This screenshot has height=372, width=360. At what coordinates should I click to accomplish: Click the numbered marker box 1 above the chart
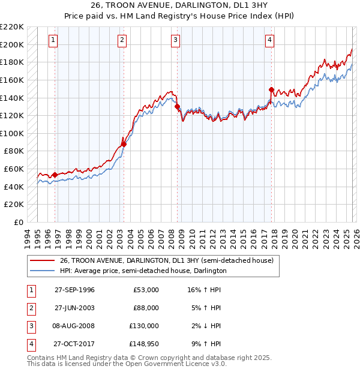pos(53,40)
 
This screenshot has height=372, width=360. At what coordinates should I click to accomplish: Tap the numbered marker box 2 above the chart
pos(122,40)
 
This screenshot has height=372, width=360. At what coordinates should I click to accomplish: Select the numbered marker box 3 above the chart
pos(176,40)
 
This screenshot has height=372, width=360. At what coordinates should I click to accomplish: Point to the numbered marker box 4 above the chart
pos(270,40)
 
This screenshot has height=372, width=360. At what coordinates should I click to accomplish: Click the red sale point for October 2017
pos(271,90)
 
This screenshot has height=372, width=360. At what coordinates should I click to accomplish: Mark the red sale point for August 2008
pos(178,107)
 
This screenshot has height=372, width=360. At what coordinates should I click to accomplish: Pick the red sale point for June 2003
pos(124,144)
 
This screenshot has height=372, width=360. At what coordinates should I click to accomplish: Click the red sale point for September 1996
pos(55,175)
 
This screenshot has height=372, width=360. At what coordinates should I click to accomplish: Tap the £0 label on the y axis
pos(18,222)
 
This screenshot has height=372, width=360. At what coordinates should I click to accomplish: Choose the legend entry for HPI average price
pos(143,271)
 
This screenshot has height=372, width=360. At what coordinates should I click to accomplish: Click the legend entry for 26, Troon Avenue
pos(166,260)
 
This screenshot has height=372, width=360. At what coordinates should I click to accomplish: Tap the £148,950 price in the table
pos(144,344)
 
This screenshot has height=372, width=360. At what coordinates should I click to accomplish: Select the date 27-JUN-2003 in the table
pos(74,308)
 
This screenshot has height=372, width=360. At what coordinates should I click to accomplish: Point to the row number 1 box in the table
pos(30,290)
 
